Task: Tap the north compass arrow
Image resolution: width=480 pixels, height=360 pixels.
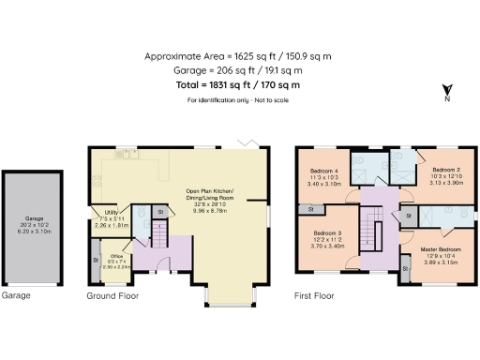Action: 445,90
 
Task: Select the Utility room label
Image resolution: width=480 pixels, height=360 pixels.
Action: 106,220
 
